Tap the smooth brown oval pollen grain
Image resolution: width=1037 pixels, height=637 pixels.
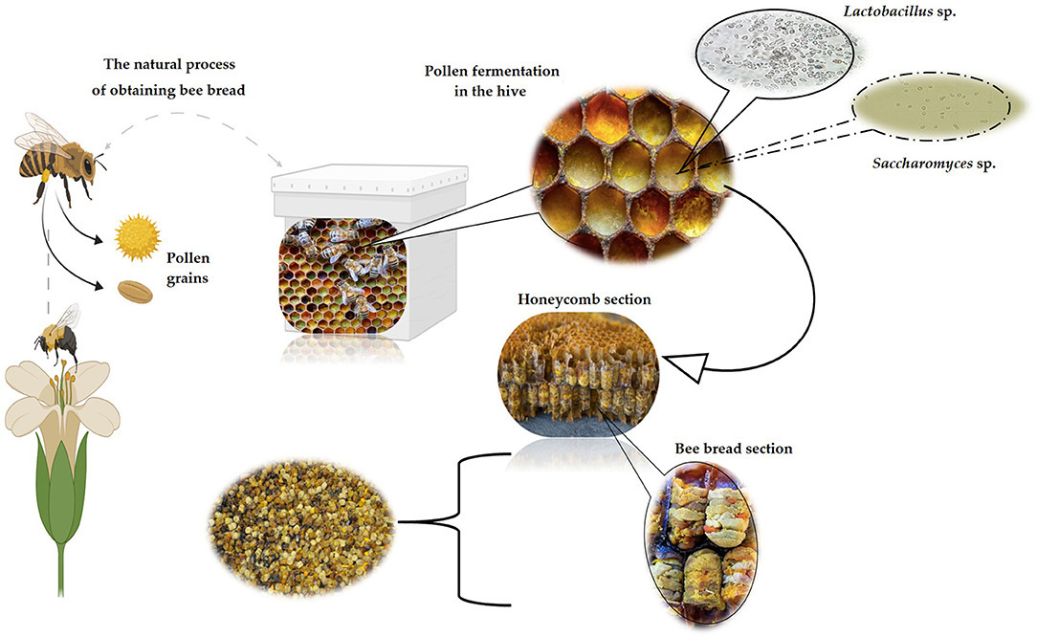[x=136, y=290]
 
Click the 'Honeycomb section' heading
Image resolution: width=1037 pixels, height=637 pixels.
[x=585, y=299]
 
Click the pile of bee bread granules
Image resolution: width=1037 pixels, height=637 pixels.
[x=301, y=522]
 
